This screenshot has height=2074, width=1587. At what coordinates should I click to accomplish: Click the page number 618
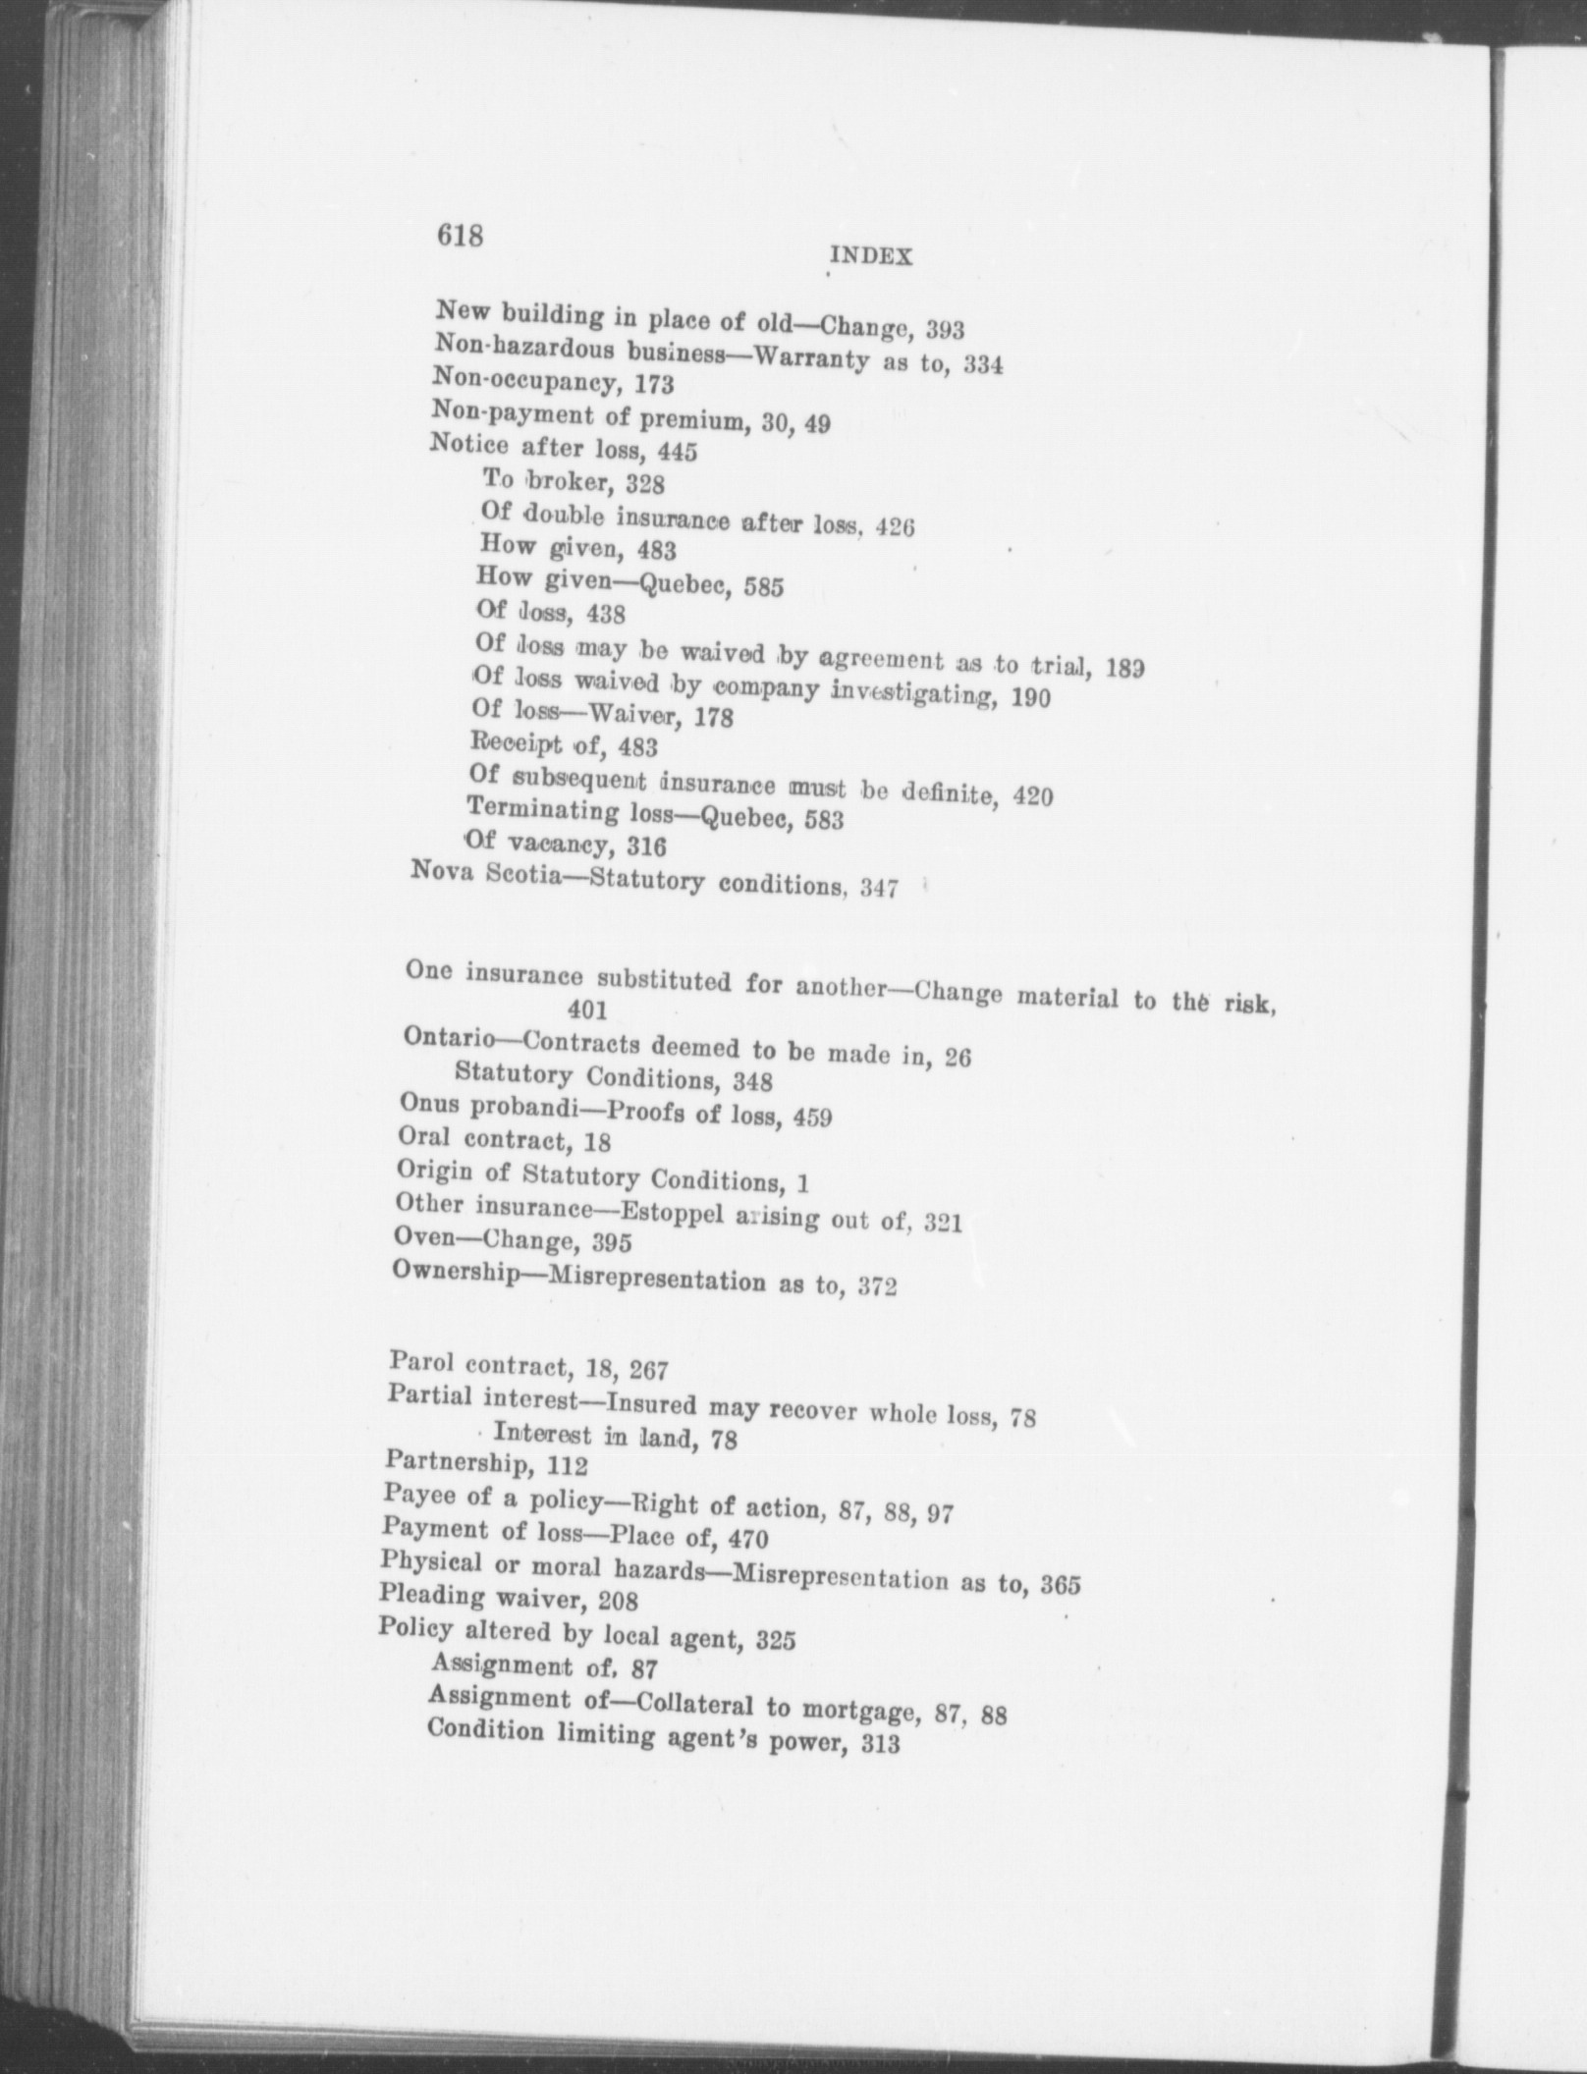[x=461, y=236]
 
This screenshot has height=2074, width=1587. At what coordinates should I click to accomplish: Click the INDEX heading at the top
[x=872, y=257]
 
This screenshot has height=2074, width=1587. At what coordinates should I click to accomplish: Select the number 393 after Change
[x=946, y=330]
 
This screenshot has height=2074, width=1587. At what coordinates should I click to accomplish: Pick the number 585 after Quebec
[x=763, y=588]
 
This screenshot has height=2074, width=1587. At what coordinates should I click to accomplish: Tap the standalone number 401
[x=587, y=1009]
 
